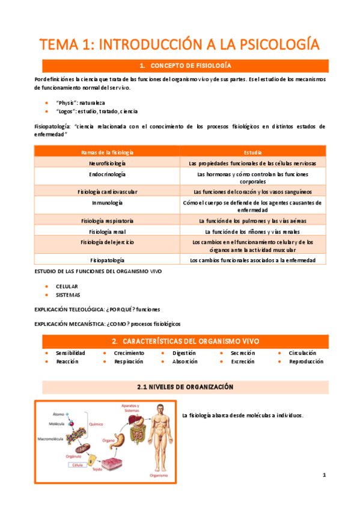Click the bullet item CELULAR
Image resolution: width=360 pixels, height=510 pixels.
click(x=67, y=286)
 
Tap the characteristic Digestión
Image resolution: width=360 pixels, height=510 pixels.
click(x=184, y=353)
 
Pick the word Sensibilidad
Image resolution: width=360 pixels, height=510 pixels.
click(x=71, y=353)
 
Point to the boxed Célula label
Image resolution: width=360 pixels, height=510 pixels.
click(x=76, y=465)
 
